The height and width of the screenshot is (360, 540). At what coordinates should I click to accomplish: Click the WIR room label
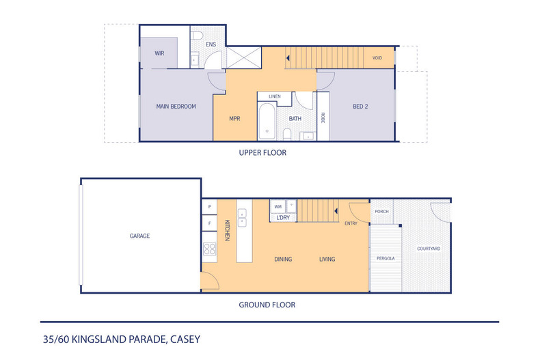coord(159,53)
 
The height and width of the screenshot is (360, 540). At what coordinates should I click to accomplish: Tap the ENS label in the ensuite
coord(211,44)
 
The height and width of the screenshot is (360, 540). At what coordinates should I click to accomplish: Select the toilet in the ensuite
coord(198,35)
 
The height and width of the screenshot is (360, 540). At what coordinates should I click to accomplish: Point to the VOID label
coord(377,58)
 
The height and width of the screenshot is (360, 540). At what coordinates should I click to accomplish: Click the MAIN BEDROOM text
coord(176,107)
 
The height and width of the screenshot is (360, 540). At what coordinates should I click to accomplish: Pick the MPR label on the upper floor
coord(234,119)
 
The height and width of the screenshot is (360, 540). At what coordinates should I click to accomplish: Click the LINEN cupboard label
coord(275,96)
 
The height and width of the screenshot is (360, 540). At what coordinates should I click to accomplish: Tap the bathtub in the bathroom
coord(267,121)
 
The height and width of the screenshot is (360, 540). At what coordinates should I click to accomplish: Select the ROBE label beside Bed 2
coord(323,117)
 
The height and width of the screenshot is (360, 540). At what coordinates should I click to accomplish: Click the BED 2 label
coord(360,107)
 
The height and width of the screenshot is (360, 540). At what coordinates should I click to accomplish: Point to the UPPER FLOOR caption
coord(262,153)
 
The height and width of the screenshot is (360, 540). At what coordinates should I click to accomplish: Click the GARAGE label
coord(140,236)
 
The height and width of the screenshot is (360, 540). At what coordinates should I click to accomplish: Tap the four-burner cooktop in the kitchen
coord(209,249)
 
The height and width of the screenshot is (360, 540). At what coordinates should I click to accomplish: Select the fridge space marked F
coord(209,223)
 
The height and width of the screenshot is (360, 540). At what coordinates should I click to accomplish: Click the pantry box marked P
coord(209,206)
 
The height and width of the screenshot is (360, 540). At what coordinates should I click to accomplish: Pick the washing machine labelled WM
coord(278,206)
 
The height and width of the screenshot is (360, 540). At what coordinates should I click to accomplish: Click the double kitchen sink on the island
coord(242,218)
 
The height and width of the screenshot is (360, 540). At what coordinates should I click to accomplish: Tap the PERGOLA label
coord(386,258)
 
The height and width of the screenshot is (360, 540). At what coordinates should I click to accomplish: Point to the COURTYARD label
coord(429,249)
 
